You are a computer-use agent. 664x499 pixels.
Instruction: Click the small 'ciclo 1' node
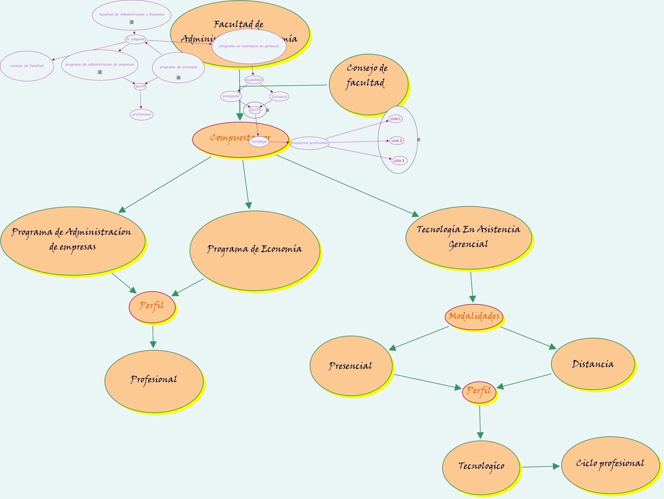395,119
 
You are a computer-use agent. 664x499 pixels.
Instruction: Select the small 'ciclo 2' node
397,141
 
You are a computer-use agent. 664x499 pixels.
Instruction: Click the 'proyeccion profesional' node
309,143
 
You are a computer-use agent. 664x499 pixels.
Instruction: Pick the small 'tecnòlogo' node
259,141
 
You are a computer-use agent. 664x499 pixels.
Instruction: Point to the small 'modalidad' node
254,80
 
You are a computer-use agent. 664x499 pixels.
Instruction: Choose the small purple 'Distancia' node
279,97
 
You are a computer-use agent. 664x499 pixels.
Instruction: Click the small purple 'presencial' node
231,96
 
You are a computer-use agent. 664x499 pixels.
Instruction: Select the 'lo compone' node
135,39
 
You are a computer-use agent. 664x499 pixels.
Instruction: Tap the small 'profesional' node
142,114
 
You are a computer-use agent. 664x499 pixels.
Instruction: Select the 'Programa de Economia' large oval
255,251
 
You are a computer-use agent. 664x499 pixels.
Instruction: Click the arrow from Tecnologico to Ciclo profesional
540,467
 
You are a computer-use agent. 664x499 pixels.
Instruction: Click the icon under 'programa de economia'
178,77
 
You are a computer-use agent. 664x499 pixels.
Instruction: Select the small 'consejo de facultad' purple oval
27,66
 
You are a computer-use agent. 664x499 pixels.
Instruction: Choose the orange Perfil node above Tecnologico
479,392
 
